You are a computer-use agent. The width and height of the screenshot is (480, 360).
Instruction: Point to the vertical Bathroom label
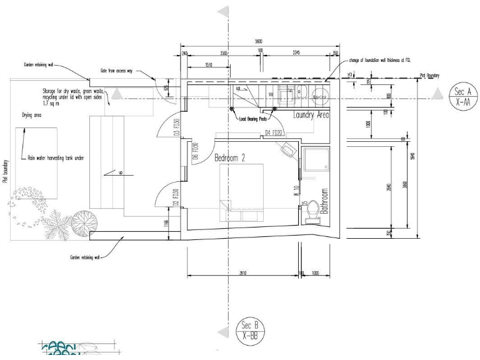pyautogui.click(x=324, y=201)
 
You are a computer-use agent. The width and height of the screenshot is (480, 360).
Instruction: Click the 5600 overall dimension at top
pyautogui.click(x=259, y=41)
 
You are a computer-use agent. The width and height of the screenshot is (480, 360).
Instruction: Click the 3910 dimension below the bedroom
pyautogui.click(x=242, y=273)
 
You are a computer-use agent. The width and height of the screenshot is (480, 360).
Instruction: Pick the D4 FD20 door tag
pyautogui.click(x=274, y=133)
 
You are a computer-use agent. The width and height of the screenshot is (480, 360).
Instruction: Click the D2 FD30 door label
pyautogui.click(x=177, y=197)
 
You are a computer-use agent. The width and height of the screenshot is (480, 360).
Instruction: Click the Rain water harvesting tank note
pyautogui.click(x=56, y=158)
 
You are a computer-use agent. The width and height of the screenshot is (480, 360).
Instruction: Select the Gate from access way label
pyautogui.click(x=117, y=71)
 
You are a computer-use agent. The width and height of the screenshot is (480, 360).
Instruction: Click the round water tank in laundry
pyautogui.click(x=320, y=97)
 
